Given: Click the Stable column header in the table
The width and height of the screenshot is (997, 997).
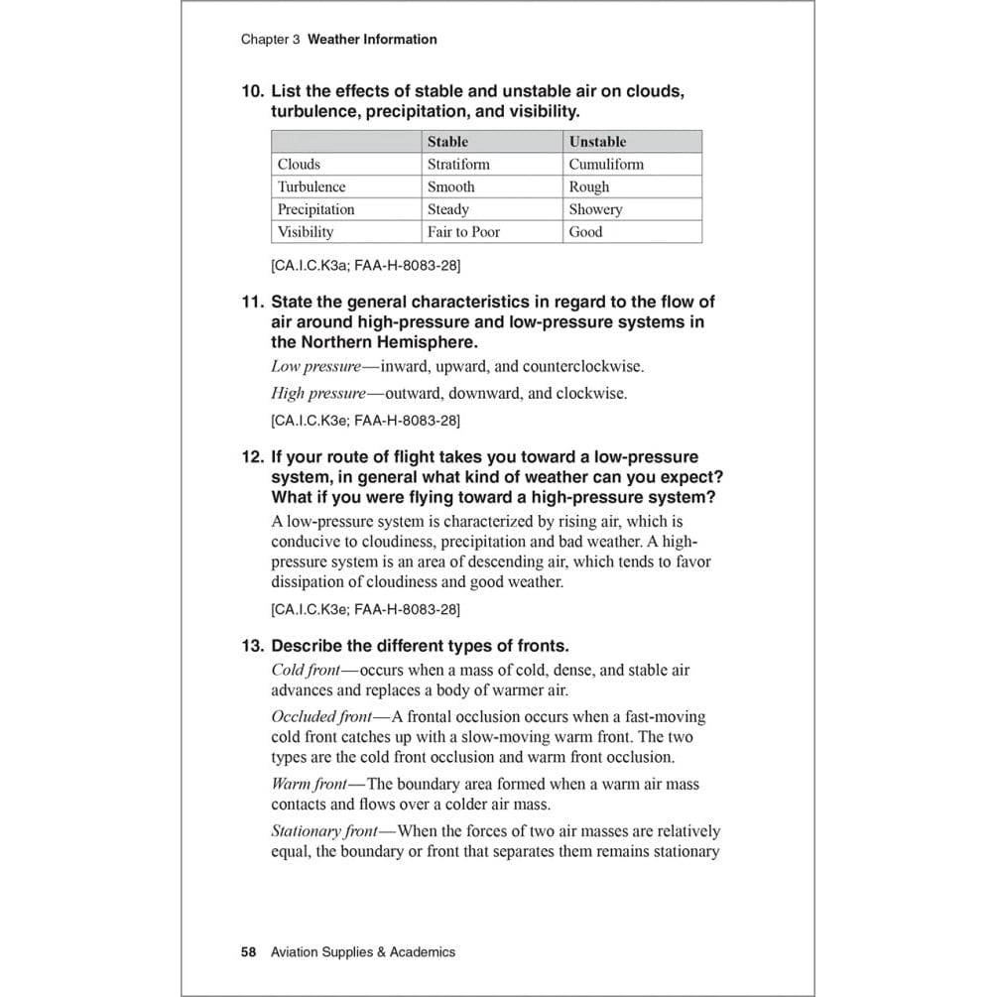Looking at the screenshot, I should pyautogui.click(x=447, y=142).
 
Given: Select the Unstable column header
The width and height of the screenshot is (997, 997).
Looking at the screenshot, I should pyautogui.click(x=597, y=142).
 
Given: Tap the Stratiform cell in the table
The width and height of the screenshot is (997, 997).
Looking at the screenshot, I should pyautogui.click(x=458, y=165).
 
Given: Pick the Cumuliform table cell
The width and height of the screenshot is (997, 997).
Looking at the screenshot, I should pyautogui.click(x=606, y=165).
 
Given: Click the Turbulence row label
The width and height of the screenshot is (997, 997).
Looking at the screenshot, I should pyautogui.click(x=312, y=187).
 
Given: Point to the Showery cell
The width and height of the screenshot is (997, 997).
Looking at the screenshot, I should pyautogui.click(x=595, y=209).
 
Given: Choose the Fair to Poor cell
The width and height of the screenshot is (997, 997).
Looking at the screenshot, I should pyautogui.click(x=463, y=232).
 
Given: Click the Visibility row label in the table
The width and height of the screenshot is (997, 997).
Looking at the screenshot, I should pyautogui.click(x=306, y=232).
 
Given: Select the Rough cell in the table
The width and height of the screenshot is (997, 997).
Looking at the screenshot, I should pyautogui.click(x=589, y=187).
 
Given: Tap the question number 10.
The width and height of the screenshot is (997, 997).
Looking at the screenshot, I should pyautogui.click(x=252, y=91).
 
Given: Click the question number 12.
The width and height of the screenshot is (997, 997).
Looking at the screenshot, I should pyautogui.click(x=252, y=457).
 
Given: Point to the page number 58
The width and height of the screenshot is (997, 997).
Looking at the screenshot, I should pyautogui.click(x=248, y=952).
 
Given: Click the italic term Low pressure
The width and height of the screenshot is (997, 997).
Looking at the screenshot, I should pyautogui.click(x=316, y=367).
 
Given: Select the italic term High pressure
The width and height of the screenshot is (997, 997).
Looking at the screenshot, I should pyautogui.click(x=318, y=394).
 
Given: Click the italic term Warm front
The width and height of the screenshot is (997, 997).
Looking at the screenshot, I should pyautogui.click(x=309, y=784).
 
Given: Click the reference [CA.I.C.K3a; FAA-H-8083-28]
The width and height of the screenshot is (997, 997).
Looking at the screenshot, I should pyautogui.click(x=365, y=266).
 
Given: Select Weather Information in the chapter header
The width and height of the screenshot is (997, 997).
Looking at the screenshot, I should pyautogui.click(x=372, y=40).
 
